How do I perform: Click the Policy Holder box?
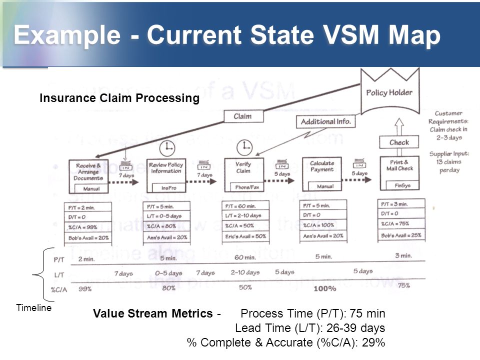tap(389, 92)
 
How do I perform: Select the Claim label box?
tap(242, 116)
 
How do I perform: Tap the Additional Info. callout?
tap(325, 121)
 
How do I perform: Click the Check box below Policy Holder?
tap(399, 142)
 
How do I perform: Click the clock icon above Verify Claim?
tap(244, 146)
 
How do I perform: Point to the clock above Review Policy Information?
tap(166, 148)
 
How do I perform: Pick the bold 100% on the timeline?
tap(324, 288)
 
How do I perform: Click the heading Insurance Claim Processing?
tap(119, 98)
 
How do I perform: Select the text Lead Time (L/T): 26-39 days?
tap(310, 328)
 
